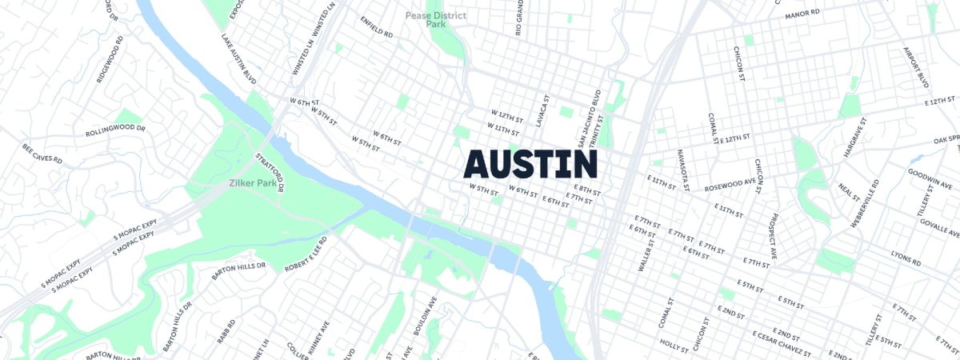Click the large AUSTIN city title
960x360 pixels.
[531, 164]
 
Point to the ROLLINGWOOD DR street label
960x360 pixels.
[115, 130]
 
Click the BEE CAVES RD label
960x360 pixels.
[42, 154]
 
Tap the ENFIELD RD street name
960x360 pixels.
[376, 28]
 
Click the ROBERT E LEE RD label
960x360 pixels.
[306, 254]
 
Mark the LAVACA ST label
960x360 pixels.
[543, 114]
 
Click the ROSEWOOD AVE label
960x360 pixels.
[730, 186]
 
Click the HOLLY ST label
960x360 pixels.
[674, 346]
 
